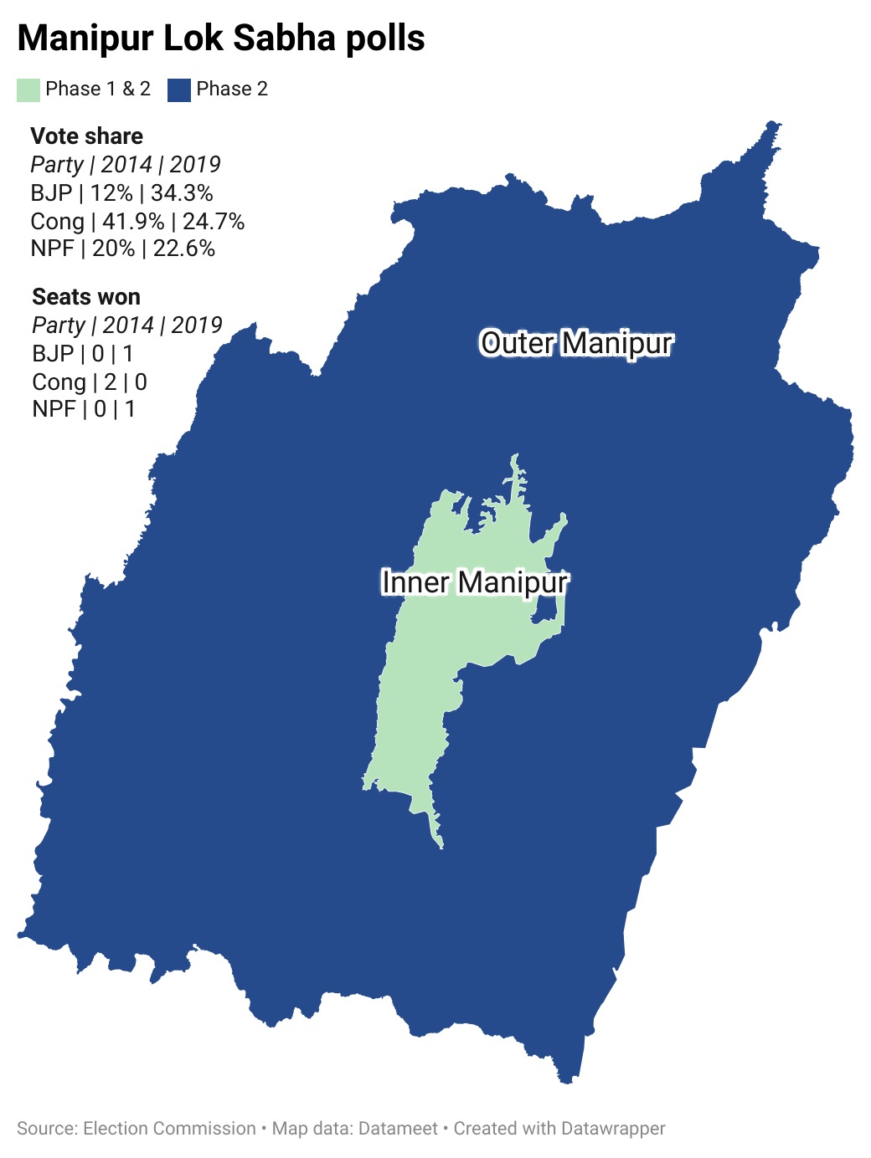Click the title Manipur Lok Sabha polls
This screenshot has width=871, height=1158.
221,38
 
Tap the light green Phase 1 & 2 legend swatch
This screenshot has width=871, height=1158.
28,90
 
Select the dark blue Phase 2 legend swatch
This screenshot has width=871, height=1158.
179,90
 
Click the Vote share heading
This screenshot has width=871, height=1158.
86,136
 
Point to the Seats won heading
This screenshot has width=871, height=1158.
86,297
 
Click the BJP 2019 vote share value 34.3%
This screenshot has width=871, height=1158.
182,193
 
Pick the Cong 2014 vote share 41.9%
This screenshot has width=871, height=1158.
133,222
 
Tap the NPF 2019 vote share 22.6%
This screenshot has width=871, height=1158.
183,249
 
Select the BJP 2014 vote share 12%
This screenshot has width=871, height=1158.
111,193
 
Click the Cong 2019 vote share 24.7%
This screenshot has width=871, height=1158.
214,222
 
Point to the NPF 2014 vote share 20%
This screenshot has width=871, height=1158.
113,249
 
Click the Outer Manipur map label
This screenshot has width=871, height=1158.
576,343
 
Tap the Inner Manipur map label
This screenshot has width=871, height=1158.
475,582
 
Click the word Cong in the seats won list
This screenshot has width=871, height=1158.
59,382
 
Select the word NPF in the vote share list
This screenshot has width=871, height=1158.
52,249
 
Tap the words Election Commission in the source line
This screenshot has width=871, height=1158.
169,1129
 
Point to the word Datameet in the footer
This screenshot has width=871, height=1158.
398,1129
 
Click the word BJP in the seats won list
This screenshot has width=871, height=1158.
53,354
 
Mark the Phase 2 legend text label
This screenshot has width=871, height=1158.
232,90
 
